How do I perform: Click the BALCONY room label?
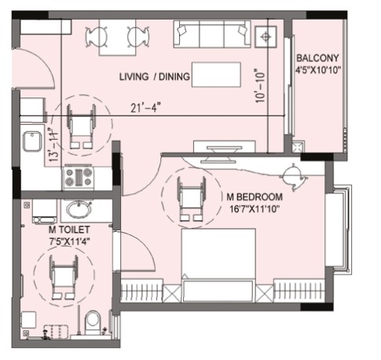coord(317,57)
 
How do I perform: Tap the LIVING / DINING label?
coord(155,76)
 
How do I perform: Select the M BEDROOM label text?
coord(255,197)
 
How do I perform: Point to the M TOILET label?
coord(69,230)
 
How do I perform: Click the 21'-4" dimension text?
coord(145,108)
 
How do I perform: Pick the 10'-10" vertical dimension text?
coord(261,86)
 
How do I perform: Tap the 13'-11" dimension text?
coord(53,144)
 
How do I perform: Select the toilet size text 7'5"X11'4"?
coord(70,241)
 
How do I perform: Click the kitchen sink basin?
coord(32,141)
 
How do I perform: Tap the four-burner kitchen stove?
coord(79,177)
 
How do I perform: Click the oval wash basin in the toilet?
coord(79,209)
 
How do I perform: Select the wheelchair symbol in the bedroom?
coord(192,199)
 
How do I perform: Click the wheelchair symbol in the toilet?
coord(64,277)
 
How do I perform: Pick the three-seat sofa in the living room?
coord(212,35)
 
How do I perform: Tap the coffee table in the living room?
coord(216,75)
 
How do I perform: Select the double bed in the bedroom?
coord(218,265)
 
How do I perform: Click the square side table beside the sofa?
coord(266,37)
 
